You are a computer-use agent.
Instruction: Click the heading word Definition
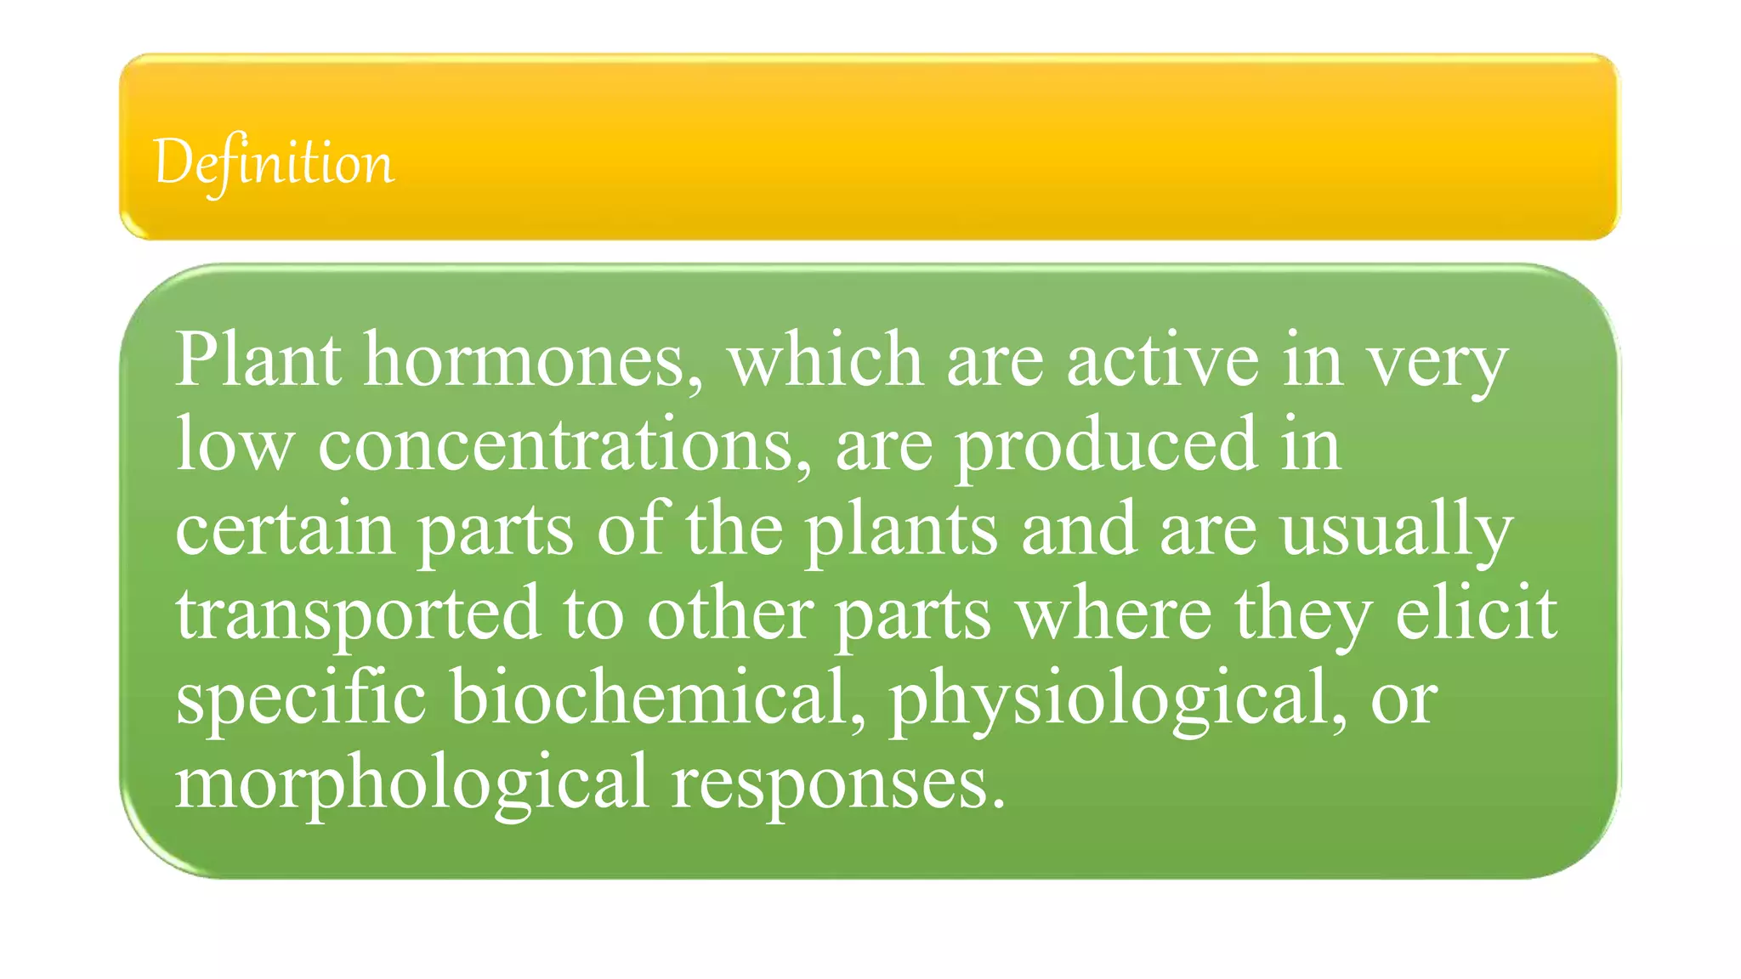[x=274, y=162]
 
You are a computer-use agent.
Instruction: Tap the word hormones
[x=534, y=360]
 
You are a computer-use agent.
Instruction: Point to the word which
[x=825, y=360]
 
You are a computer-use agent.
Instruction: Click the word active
[x=1162, y=360]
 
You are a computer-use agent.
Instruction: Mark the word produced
[x=1105, y=445]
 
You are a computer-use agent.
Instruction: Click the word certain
[x=285, y=529]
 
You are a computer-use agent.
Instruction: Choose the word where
[x=1114, y=612]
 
